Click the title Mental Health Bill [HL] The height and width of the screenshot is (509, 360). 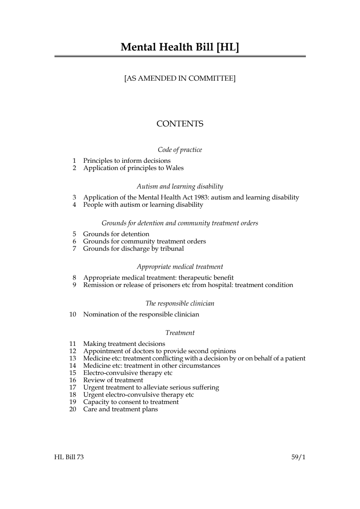(x=180, y=47)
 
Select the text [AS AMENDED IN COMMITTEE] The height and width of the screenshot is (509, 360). (x=180, y=78)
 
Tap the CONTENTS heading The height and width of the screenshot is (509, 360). (x=180, y=124)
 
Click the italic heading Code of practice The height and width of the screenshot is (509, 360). (x=180, y=150)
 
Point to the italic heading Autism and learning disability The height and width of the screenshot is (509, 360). (x=180, y=186)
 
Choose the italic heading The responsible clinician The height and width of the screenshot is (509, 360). (x=180, y=303)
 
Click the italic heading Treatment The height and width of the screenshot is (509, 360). (x=180, y=333)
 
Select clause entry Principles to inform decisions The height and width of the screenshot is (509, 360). (x=127, y=161)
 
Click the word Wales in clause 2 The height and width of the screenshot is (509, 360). (x=175, y=168)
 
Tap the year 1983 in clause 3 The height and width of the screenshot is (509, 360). (x=200, y=197)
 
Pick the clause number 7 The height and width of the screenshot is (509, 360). (x=74, y=249)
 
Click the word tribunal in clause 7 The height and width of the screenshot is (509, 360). (x=172, y=249)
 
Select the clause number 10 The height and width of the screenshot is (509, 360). (x=73, y=314)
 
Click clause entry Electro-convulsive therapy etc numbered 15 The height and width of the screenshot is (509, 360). (x=128, y=373)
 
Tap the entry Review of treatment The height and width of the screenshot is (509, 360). (x=113, y=380)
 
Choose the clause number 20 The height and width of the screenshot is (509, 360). (x=73, y=409)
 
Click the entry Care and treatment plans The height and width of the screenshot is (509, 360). (x=121, y=409)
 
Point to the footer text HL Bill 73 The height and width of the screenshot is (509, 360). (x=69, y=457)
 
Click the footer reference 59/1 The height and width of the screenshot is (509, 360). (x=298, y=457)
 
